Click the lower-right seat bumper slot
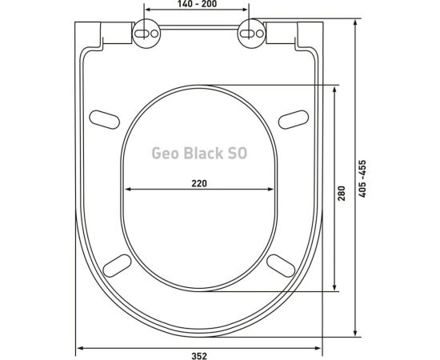pyautogui.click(x=281, y=265)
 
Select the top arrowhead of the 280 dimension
pyautogui.click(x=336, y=88)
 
